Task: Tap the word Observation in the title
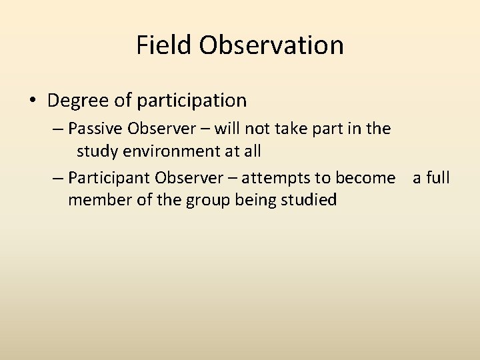point(271,45)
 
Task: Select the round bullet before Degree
point(33,101)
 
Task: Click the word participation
point(192,101)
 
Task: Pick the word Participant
point(109,178)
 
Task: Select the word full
point(437,178)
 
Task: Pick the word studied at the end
point(311,199)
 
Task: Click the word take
point(299,128)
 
